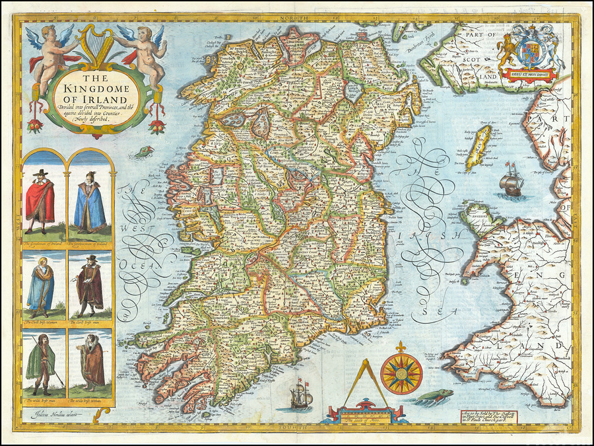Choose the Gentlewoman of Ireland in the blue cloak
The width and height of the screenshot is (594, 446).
(89, 203)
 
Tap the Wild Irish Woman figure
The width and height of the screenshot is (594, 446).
(90, 363)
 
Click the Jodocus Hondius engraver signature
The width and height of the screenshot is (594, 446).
(58, 414)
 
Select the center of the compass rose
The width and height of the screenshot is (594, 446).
(401, 374)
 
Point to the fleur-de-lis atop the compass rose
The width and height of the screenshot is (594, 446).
(401, 347)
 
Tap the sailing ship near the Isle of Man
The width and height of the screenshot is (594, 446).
(512, 179)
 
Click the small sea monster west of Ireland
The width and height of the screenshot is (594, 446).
(141, 153)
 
